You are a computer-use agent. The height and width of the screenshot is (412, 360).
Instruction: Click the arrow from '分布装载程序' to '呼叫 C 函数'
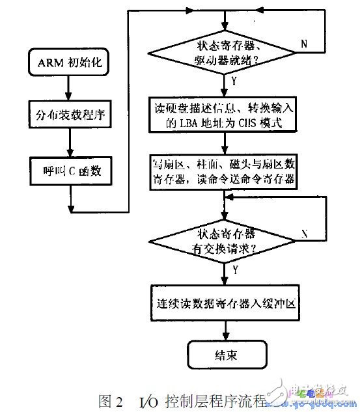pos(69,143)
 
